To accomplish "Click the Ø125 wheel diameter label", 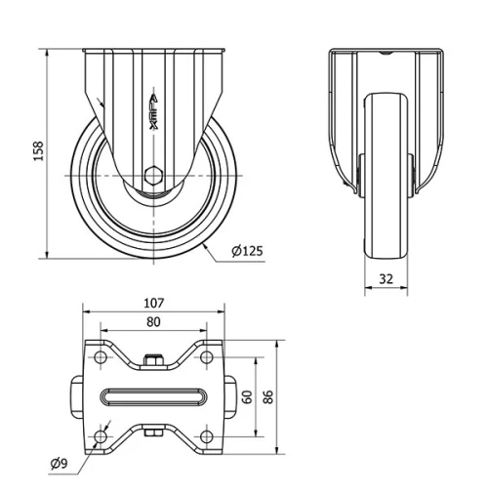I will point(247,251).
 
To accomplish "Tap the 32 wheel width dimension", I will point(386,278).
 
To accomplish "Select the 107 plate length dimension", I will point(153,303).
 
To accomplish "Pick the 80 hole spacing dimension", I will point(153,321).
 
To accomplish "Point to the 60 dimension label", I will point(248,396).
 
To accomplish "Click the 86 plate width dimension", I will point(270,396).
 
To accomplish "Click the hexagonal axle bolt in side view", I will point(153,177).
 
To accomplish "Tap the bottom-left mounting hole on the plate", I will point(101,434).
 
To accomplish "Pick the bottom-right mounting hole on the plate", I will point(206,434).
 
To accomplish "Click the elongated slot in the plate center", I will point(153,396).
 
